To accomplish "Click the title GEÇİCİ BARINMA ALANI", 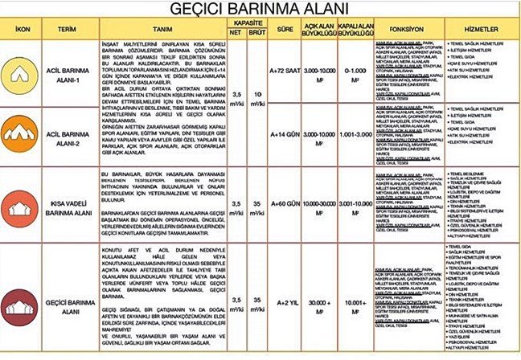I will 260,10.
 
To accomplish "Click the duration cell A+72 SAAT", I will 283,70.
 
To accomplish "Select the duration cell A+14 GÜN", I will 283,133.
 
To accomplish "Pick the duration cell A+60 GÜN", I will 283,206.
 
